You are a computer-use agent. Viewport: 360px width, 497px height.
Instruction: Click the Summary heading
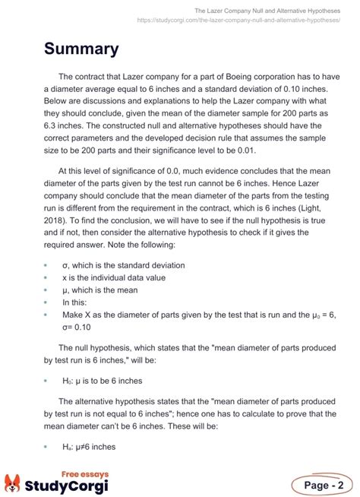(x=81, y=49)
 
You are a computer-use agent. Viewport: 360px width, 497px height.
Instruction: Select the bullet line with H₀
(x=102, y=380)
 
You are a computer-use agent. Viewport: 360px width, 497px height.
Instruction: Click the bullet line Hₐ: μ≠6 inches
(x=89, y=447)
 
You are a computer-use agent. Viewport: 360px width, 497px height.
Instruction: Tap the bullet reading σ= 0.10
(x=77, y=328)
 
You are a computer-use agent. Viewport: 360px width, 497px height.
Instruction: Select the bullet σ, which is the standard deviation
(x=123, y=266)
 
